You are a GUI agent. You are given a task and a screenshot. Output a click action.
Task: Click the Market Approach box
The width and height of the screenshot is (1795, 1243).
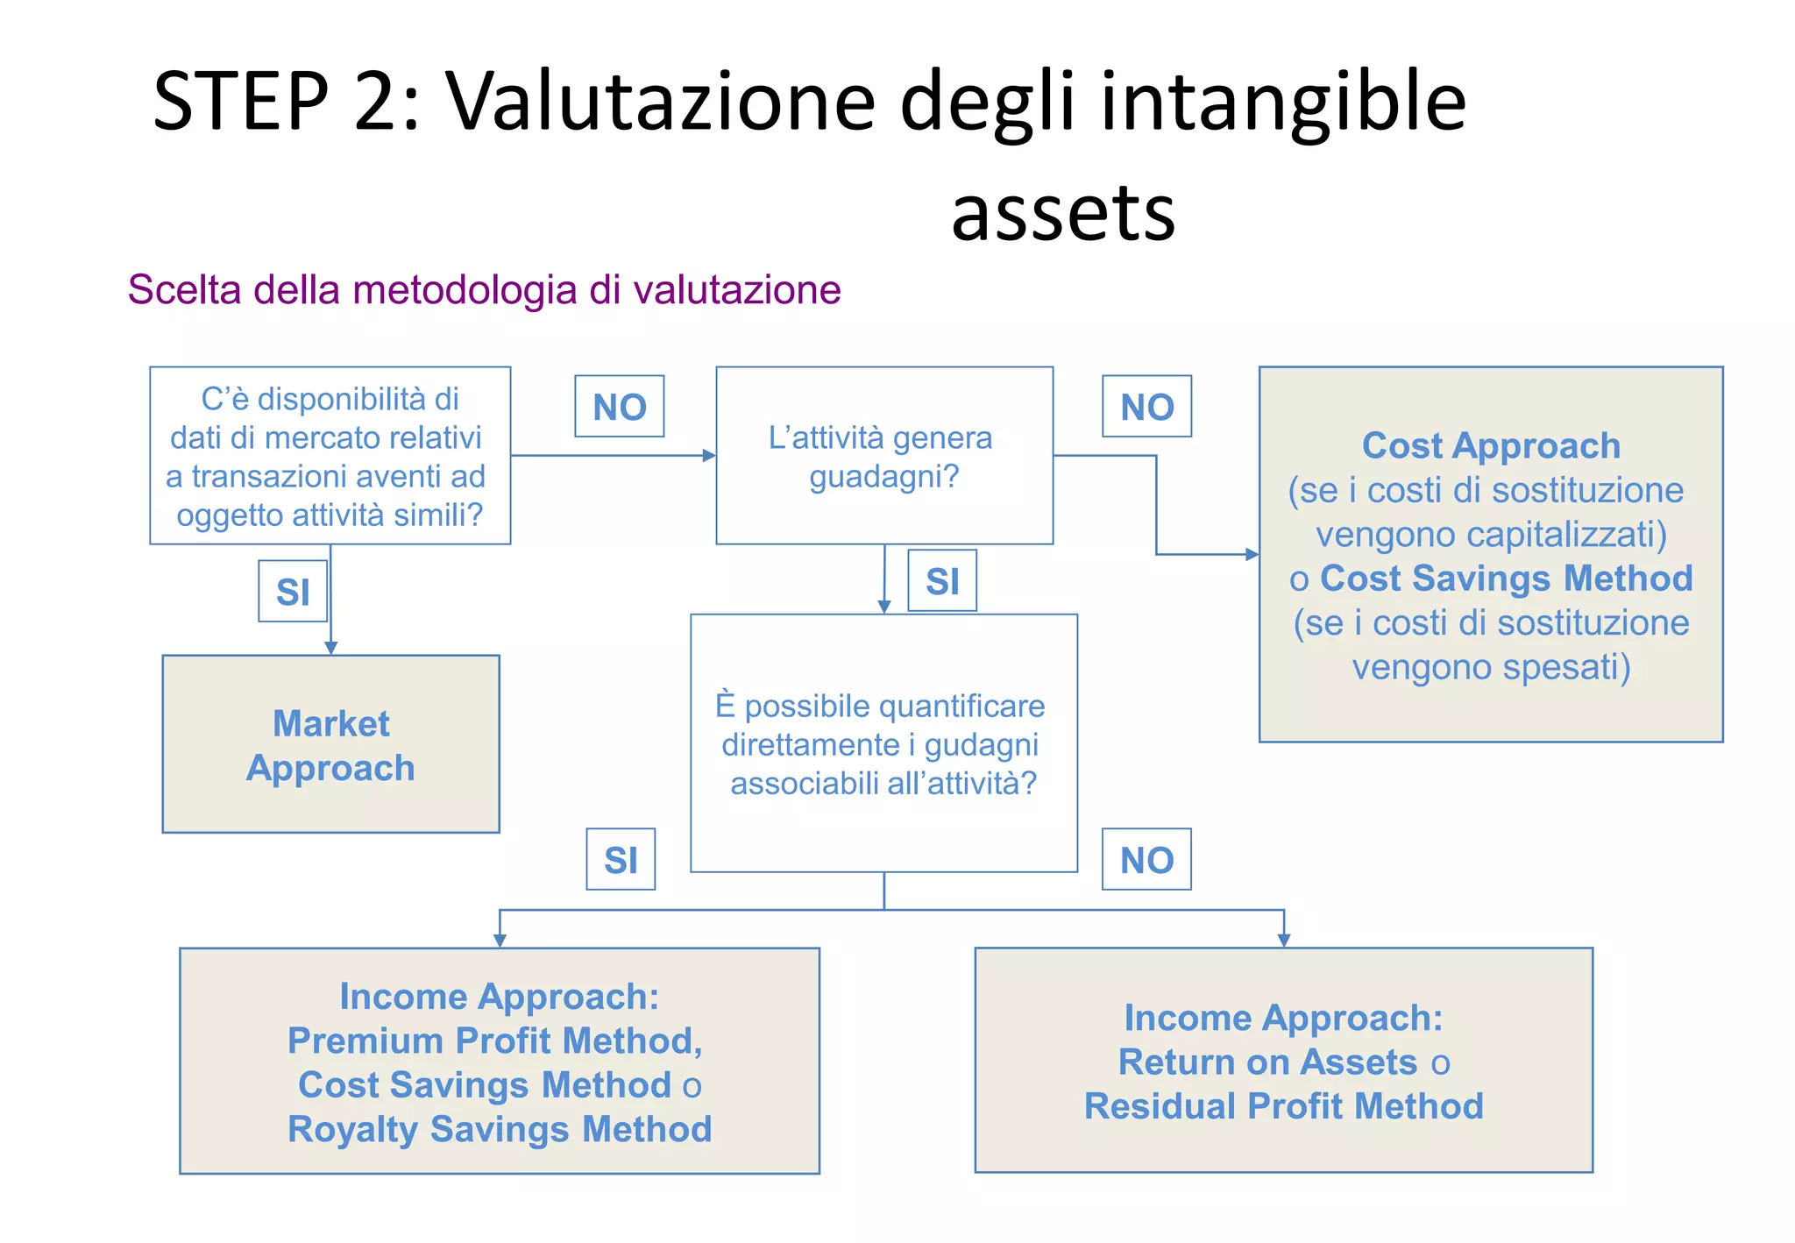[x=330, y=744]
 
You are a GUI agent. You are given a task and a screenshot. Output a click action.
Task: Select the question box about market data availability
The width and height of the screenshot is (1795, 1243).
[x=330, y=456]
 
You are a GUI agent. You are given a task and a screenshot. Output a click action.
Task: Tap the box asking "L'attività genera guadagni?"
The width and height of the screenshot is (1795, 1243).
[x=883, y=456]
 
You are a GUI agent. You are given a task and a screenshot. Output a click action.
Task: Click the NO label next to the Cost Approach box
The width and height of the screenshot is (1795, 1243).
[x=1146, y=407]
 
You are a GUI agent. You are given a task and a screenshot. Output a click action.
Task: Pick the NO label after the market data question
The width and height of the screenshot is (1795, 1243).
[x=619, y=407]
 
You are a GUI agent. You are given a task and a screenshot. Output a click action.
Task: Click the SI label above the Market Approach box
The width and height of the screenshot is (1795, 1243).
[x=293, y=592]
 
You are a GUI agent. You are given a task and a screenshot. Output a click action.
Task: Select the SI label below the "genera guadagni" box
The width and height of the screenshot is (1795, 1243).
[x=942, y=581]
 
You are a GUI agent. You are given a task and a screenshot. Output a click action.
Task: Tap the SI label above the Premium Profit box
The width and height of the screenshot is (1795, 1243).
[x=621, y=860]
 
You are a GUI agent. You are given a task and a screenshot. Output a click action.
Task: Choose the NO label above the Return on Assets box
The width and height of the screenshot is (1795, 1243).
[x=1146, y=860]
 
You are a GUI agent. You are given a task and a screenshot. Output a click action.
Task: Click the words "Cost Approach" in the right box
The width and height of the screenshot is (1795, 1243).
[x=1491, y=445]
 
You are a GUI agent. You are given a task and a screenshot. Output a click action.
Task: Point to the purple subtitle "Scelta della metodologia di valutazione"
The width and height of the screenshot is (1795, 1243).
[x=484, y=290]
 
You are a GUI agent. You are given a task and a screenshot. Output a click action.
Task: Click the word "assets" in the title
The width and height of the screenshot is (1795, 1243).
[x=1063, y=213]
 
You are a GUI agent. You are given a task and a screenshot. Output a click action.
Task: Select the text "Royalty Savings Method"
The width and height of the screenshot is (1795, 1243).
[x=500, y=1129]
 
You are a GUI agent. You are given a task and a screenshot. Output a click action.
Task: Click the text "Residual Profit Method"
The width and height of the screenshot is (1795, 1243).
[x=1283, y=1106]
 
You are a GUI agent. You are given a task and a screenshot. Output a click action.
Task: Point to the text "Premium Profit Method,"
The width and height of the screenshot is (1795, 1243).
[x=495, y=1041]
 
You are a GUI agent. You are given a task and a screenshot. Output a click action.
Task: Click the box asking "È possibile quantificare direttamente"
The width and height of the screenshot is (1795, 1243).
[x=883, y=743]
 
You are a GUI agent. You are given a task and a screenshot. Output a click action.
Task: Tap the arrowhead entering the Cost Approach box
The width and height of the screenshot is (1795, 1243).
[x=1252, y=554]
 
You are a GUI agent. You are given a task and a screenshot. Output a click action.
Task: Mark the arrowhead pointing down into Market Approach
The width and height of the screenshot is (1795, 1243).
[x=330, y=648]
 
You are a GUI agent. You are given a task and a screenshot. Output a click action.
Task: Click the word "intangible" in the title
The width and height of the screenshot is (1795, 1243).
[x=1283, y=102]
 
